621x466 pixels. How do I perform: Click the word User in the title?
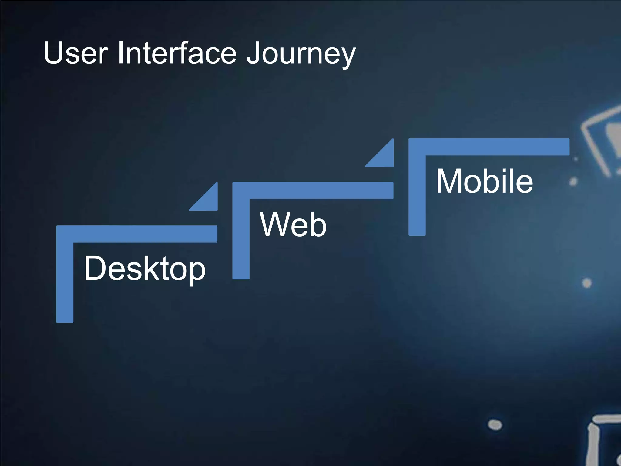(x=76, y=53)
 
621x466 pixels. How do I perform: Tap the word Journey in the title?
(x=300, y=54)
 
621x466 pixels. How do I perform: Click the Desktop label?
(x=145, y=269)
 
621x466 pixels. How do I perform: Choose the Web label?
(x=293, y=225)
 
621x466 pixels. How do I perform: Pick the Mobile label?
(x=484, y=181)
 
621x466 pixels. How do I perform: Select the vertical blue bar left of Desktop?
(x=65, y=282)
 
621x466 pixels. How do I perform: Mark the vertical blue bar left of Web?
(x=241, y=239)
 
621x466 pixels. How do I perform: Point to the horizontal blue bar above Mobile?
(x=489, y=147)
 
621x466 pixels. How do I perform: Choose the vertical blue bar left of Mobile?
(x=417, y=195)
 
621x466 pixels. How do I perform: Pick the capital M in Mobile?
(x=450, y=181)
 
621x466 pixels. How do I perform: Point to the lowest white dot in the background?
(x=495, y=424)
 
